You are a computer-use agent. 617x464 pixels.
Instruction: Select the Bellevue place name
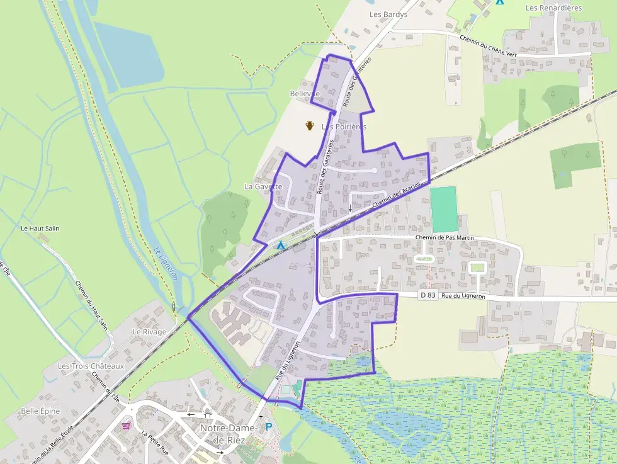(x=305, y=94)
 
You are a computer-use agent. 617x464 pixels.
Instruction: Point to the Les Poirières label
(x=344, y=127)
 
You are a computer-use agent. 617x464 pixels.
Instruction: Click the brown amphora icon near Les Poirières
(x=310, y=126)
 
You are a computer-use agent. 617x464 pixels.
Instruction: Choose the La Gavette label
(x=263, y=186)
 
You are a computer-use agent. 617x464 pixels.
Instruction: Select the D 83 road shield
(x=427, y=295)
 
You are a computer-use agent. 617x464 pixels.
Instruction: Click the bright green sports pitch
(x=444, y=209)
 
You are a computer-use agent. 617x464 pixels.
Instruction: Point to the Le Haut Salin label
(x=40, y=229)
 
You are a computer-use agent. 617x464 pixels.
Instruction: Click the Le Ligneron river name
(x=166, y=263)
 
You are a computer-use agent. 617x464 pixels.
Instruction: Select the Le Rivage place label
(x=149, y=332)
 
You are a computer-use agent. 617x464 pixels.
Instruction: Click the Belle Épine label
(x=40, y=411)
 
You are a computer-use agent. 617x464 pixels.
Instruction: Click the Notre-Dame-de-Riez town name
(x=229, y=433)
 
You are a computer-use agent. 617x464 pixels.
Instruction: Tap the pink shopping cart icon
(x=128, y=425)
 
